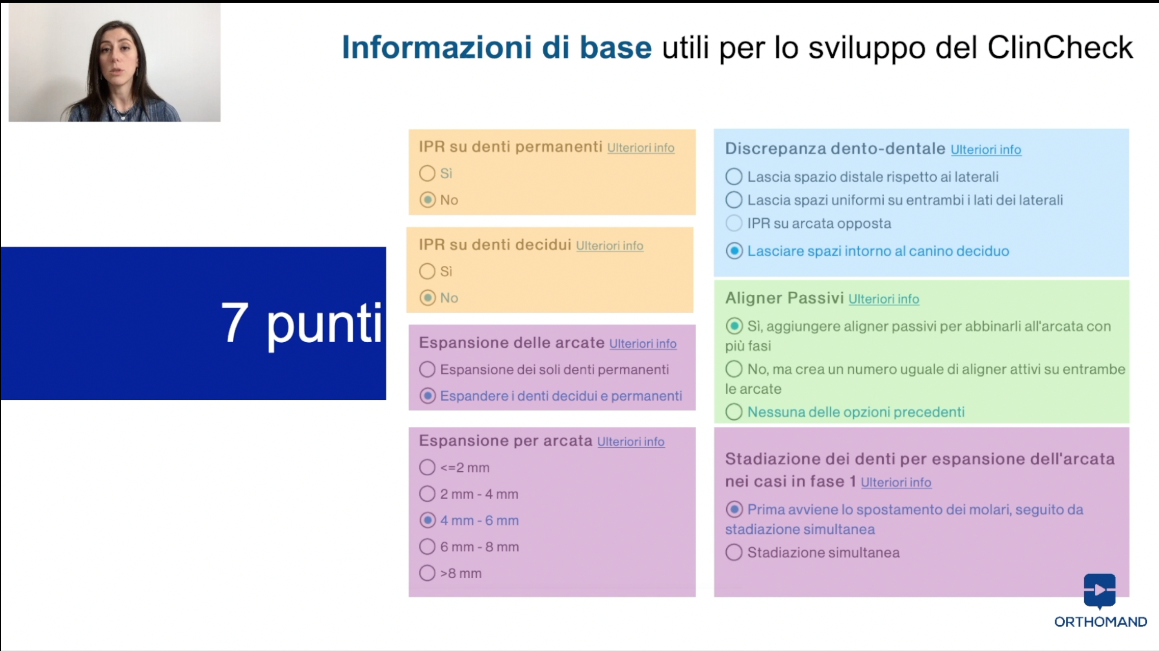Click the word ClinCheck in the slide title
(x=1060, y=48)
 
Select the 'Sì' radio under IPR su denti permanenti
(x=427, y=173)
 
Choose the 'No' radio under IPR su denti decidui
(x=427, y=298)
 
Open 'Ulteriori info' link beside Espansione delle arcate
(x=643, y=344)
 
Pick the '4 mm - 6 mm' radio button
(x=427, y=520)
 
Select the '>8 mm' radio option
(x=427, y=573)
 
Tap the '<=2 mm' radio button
(x=427, y=467)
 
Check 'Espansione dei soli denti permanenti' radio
(x=427, y=369)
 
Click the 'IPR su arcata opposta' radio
(x=734, y=223)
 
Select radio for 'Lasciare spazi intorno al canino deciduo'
(x=734, y=251)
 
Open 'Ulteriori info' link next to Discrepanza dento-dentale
(x=986, y=150)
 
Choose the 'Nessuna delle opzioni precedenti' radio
(x=734, y=412)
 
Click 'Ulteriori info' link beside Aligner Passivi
(x=884, y=299)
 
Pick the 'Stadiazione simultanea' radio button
(x=734, y=552)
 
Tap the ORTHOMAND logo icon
(x=1100, y=591)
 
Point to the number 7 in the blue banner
(x=235, y=322)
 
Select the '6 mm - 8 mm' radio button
(x=427, y=546)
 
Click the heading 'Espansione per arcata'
(x=505, y=440)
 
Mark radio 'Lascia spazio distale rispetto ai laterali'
(x=734, y=177)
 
